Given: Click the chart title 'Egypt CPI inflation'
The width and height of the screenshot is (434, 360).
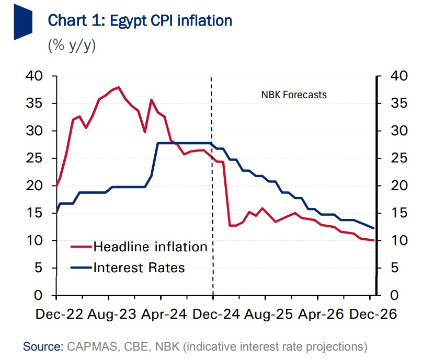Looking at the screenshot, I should pos(140,21).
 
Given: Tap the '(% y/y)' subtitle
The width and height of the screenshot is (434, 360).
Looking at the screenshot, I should pos(72,45).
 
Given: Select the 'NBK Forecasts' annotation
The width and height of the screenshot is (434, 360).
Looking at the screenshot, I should pos(294,95).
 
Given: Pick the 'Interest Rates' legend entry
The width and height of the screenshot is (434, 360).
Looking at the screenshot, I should pos(139,268).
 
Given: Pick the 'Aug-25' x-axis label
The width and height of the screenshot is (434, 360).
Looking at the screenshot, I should pos(265,315).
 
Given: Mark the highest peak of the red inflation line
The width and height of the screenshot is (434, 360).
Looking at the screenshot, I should pos(119,87).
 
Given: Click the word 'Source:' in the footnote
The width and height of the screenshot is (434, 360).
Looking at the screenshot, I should pos(41,346).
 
